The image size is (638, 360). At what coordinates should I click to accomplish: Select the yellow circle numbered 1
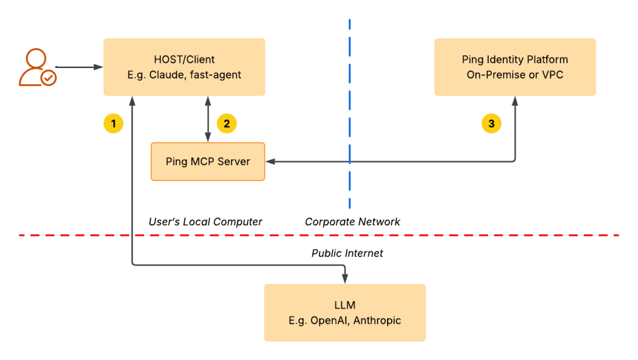pyautogui.click(x=113, y=124)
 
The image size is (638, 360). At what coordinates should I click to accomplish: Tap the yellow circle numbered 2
pyautogui.click(x=227, y=124)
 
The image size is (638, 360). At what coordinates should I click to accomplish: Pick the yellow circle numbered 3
pyautogui.click(x=491, y=124)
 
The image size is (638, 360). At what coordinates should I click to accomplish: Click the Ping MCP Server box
pyautogui.click(x=208, y=162)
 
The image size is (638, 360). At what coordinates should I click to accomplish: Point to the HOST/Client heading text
pyautogui.click(x=184, y=60)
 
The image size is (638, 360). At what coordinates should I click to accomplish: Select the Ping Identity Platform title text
pyautogui.click(x=515, y=60)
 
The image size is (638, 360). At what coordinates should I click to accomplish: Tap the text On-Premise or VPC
pyautogui.click(x=515, y=75)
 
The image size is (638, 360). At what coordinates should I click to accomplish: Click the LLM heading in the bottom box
pyautogui.click(x=345, y=305)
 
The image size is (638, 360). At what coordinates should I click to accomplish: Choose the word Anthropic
pyautogui.click(x=373, y=321)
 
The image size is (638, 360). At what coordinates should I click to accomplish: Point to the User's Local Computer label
pyautogui.click(x=205, y=221)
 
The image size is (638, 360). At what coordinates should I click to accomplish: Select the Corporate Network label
pyautogui.click(x=352, y=221)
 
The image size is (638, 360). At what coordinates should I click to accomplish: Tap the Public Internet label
pyautogui.click(x=347, y=253)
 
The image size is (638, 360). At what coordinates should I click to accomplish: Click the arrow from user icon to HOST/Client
pyautogui.click(x=78, y=67)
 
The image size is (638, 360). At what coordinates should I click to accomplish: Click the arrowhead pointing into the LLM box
pyautogui.click(x=345, y=280)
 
